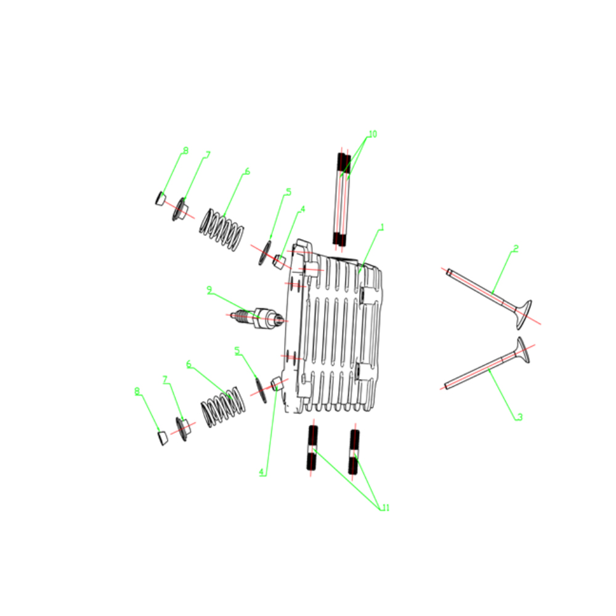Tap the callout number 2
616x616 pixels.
(516, 249)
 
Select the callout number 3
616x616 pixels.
(520, 417)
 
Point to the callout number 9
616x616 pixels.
(209, 290)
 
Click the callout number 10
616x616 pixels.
(373, 134)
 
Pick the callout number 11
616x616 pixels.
(386, 508)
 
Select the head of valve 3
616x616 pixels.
(523, 350)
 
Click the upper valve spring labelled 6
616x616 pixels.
(222, 230)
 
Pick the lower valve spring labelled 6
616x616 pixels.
(223, 407)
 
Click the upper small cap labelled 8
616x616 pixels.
(160, 198)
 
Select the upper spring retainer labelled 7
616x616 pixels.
(179, 209)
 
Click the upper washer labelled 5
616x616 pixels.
(265, 253)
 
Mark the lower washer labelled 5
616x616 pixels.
(261, 390)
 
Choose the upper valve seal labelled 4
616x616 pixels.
(279, 262)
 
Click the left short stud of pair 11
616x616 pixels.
(312, 448)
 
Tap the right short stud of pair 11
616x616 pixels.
(354, 452)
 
